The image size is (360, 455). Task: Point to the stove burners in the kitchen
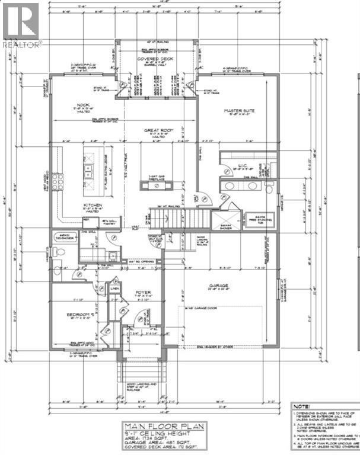[x=58, y=181]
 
